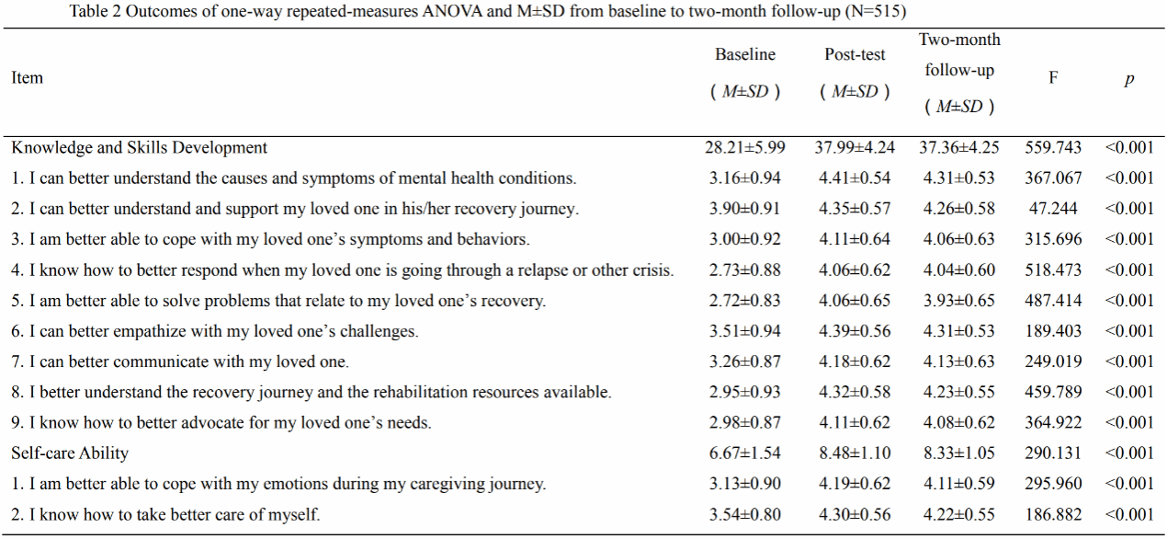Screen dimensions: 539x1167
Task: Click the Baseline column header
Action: (x=745, y=55)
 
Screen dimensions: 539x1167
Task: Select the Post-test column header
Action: (x=855, y=55)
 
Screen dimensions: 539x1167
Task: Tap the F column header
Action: (x=1053, y=78)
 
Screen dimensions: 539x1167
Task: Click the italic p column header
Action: (x=1128, y=79)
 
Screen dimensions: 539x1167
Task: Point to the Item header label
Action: (x=27, y=78)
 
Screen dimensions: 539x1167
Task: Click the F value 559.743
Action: (x=1053, y=147)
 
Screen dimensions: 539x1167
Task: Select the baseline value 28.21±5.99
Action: (x=745, y=147)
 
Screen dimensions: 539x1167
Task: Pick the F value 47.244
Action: (x=1053, y=209)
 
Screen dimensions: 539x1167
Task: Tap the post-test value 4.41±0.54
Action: (x=855, y=178)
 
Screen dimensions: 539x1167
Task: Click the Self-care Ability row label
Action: (x=70, y=453)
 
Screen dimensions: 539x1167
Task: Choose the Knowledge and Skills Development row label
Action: (x=140, y=147)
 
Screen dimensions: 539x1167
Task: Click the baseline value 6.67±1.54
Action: (x=745, y=453)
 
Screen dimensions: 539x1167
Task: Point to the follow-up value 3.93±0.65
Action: (x=959, y=301)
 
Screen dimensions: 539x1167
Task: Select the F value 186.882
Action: (x=1053, y=515)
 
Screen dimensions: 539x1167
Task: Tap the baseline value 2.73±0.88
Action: (x=745, y=270)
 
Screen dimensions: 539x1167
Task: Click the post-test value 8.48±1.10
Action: (x=855, y=453)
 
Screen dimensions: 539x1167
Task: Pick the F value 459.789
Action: (x=1053, y=393)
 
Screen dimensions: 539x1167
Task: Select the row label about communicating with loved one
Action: (x=180, y=362)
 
